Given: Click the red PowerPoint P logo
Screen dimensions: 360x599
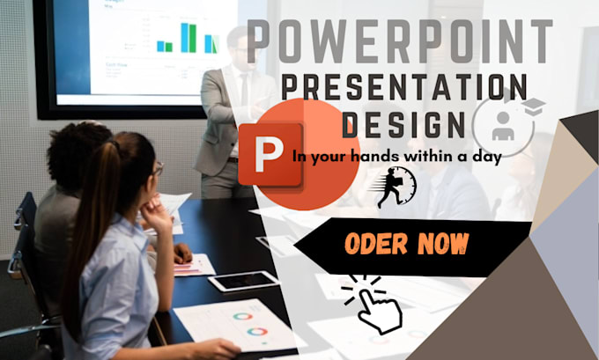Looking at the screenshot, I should point(270,154).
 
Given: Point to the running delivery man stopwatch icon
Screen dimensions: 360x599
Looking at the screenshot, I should point(398,185).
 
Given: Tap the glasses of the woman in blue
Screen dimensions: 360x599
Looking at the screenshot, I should point(158,169).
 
